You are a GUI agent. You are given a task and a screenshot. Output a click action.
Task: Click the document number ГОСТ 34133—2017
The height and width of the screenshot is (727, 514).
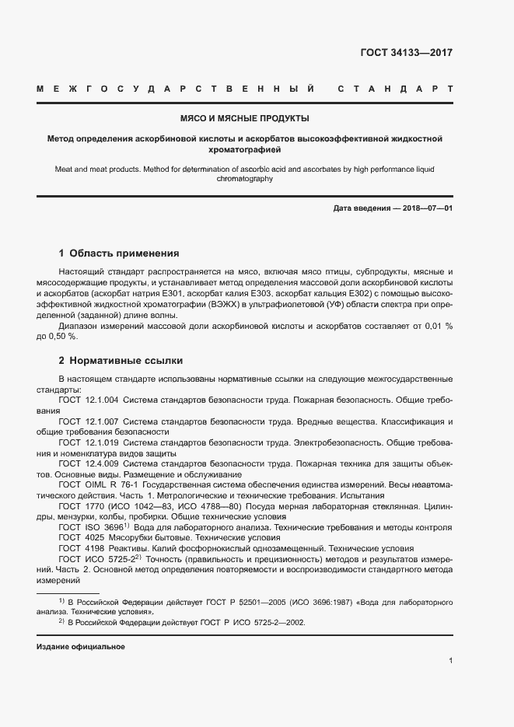tap(407, 54)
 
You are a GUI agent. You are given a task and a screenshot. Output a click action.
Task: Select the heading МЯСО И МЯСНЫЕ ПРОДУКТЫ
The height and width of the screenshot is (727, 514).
tap(245, 119)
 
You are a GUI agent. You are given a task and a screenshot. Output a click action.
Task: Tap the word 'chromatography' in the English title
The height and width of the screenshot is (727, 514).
tap(245, 179)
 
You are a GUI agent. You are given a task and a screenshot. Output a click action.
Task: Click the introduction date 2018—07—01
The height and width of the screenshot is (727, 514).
tap(425, 208)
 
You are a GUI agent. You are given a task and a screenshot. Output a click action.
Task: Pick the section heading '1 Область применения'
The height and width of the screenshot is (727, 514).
tap(119, 253)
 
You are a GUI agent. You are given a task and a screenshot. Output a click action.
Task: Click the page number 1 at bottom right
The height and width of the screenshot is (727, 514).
tap(450, 661)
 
